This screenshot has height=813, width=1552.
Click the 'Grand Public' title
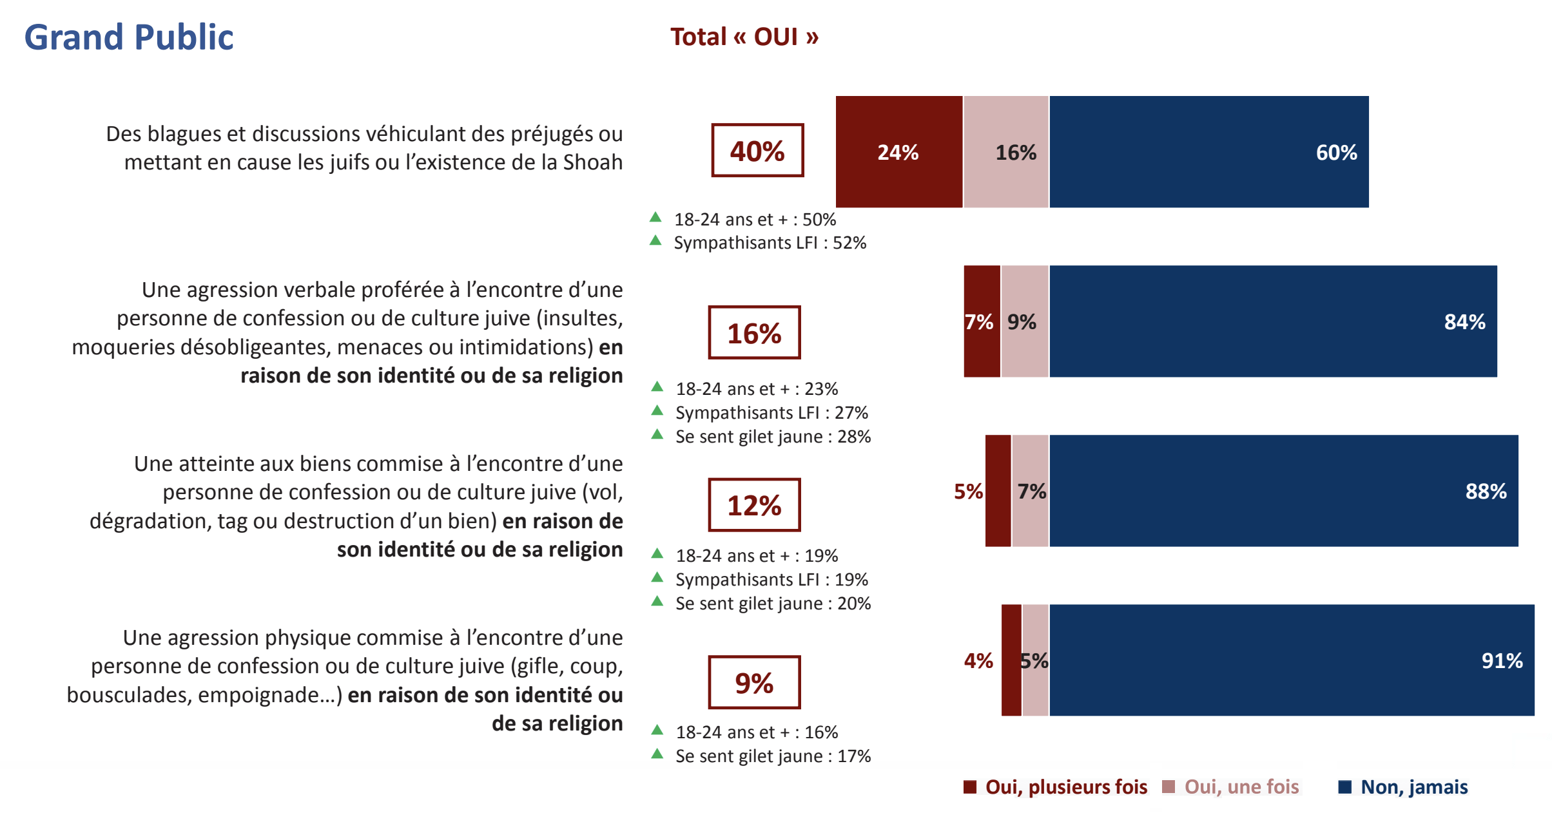point(129,37)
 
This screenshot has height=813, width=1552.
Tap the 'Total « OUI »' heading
point(744,37)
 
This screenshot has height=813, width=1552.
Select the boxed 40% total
point(757,151)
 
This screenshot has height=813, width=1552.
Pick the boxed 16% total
point(754,332)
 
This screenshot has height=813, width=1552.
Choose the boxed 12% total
point(754,505)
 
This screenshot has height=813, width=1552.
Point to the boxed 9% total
point(754,683)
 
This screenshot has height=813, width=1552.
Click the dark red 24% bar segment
point(898,152)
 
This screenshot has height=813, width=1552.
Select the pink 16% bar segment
point(1006,152)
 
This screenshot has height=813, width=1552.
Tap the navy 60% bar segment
point(1208,152)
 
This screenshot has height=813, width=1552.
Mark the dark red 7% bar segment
point(982,321)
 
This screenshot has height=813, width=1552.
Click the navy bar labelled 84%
point(1273,321)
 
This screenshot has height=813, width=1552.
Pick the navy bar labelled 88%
point(1283,491)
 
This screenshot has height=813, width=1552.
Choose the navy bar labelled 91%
point(1292,660)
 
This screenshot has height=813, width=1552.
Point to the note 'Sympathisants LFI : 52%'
point(770,243)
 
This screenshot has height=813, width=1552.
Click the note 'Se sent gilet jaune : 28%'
point(773,437)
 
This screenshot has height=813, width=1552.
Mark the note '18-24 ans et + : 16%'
point(757,732)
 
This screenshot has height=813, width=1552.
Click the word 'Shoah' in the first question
point(592,162)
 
